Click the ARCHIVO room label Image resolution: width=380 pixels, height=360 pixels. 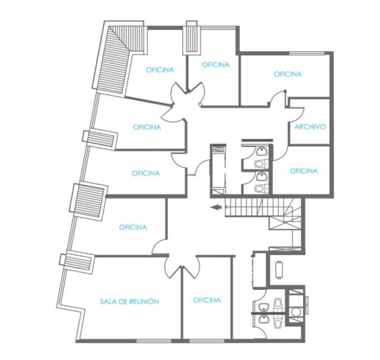tap(310, 126)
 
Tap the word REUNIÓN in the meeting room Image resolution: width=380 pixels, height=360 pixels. tap(144, 301)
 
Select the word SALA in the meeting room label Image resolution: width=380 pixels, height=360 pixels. tap(107, 302)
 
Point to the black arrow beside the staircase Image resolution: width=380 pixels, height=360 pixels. tap(216, 207)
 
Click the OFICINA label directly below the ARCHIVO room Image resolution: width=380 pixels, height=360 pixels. tap(303, 171)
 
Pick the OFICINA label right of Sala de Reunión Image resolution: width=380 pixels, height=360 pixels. tap(207, 300)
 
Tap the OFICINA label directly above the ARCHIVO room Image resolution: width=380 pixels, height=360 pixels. tap(288, 74)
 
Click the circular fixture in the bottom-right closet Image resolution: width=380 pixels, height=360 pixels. tap(296, 312)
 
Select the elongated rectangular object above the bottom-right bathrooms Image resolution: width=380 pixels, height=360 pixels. tap(279, 270)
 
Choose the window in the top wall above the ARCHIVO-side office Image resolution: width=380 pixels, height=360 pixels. tap(307, 53)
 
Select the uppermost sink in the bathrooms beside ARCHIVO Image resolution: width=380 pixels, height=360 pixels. tap(261, 151)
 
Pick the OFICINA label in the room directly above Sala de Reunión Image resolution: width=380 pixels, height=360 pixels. tap(133, 227)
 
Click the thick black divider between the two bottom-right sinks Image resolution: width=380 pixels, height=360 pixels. tap(269, 314)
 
